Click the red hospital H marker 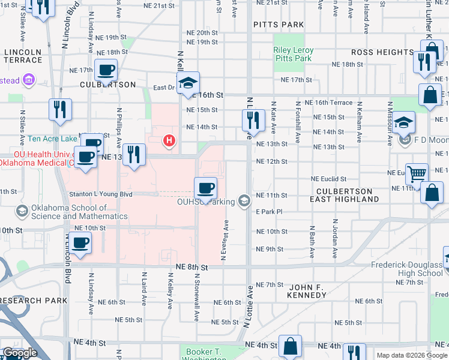click(170, 141)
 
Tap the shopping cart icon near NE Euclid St click(417, 174)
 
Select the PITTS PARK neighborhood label click(279, 25)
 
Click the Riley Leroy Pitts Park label click(292, 55)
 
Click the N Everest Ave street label click(224, 240)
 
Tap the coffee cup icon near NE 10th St click(80, 243)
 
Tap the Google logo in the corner click(19, 353)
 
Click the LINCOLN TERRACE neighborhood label click(23, 56)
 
